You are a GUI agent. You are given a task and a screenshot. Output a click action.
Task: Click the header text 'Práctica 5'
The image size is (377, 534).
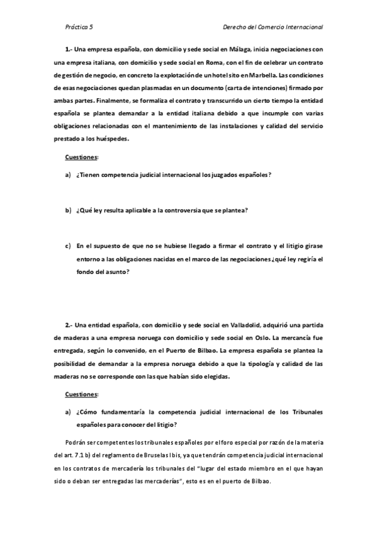coord(79,27)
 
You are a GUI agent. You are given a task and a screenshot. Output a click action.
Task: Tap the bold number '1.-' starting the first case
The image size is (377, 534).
coord(69,48)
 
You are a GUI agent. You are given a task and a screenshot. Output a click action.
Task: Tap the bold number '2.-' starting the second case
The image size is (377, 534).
coord(69,325)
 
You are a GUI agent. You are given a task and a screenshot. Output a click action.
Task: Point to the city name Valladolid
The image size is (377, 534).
coord(244,325)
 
